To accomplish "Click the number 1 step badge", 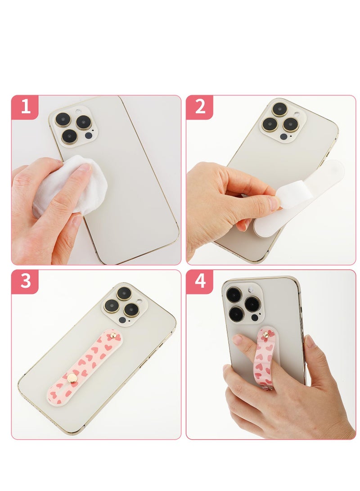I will [x=25, y=108].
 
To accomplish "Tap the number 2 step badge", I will [x=200, y=108].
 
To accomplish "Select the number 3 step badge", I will [x=25, y=282].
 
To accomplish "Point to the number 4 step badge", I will [x=200, y=282].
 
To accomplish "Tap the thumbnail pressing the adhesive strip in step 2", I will [x=274, y=203].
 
